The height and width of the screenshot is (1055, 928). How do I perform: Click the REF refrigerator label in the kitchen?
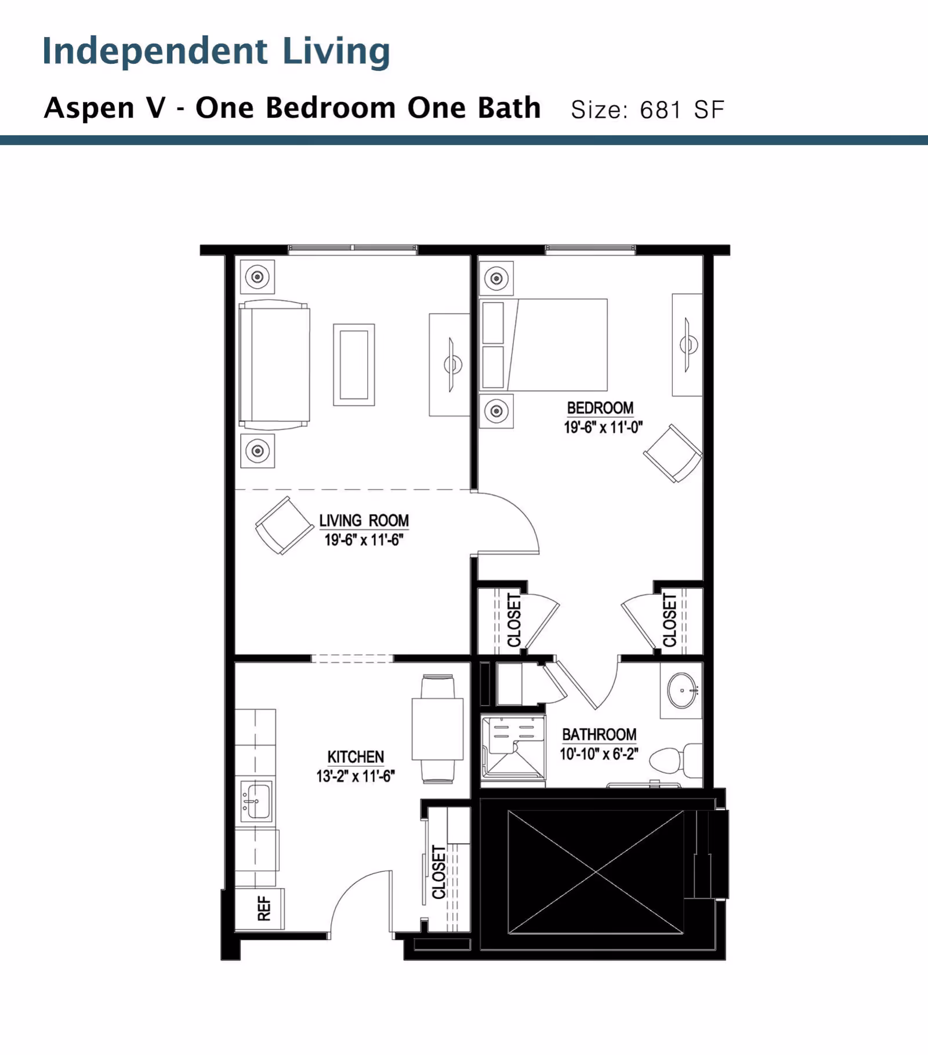(x=264, y=908)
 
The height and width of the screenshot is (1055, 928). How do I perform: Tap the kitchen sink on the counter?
(x=256, y=801)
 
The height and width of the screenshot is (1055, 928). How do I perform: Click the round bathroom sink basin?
(x=682, y=690)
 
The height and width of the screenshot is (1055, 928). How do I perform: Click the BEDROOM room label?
(x=600, y=408)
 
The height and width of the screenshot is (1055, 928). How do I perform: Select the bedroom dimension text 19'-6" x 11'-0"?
(x=603, y=428)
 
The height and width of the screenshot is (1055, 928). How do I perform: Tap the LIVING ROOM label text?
(x=364, y=521)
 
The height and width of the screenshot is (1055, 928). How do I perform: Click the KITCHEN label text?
(x=356, y=757)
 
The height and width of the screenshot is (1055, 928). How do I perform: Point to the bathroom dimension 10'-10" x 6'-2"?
(x=599, y=754)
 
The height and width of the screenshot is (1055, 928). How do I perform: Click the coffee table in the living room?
(x=354, y=365)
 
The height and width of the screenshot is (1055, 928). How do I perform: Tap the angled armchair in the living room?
(x=284, y=525)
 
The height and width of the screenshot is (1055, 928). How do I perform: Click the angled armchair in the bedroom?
(x=673, y=453)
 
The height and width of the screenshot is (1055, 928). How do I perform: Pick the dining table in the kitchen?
(x=437, y=729)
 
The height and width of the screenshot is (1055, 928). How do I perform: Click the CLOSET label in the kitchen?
(x=439, y=872)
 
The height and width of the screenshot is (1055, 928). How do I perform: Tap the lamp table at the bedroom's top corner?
(x=496, y=279)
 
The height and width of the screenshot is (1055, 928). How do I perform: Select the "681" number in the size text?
(x=661, y=110)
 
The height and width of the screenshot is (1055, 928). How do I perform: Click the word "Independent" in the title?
(x=155, y=51)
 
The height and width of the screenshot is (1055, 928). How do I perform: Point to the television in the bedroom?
(x=688, y=345)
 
